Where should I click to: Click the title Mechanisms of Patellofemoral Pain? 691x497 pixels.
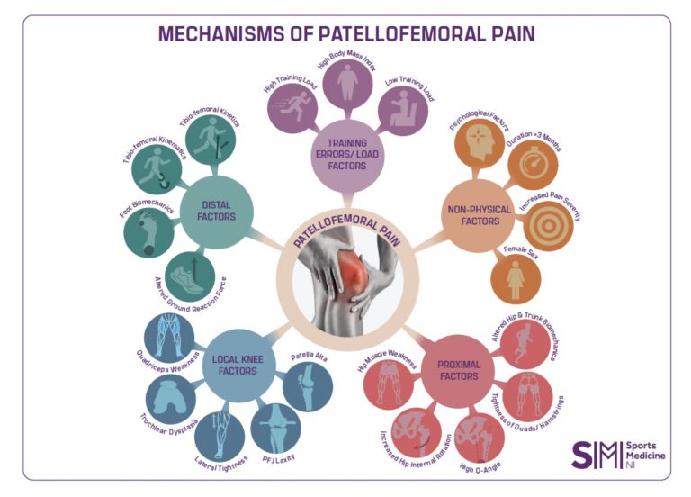pyautogui.click(x=345, y=34)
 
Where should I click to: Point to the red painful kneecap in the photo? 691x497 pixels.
pyautogui.click(x=354, y=265)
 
